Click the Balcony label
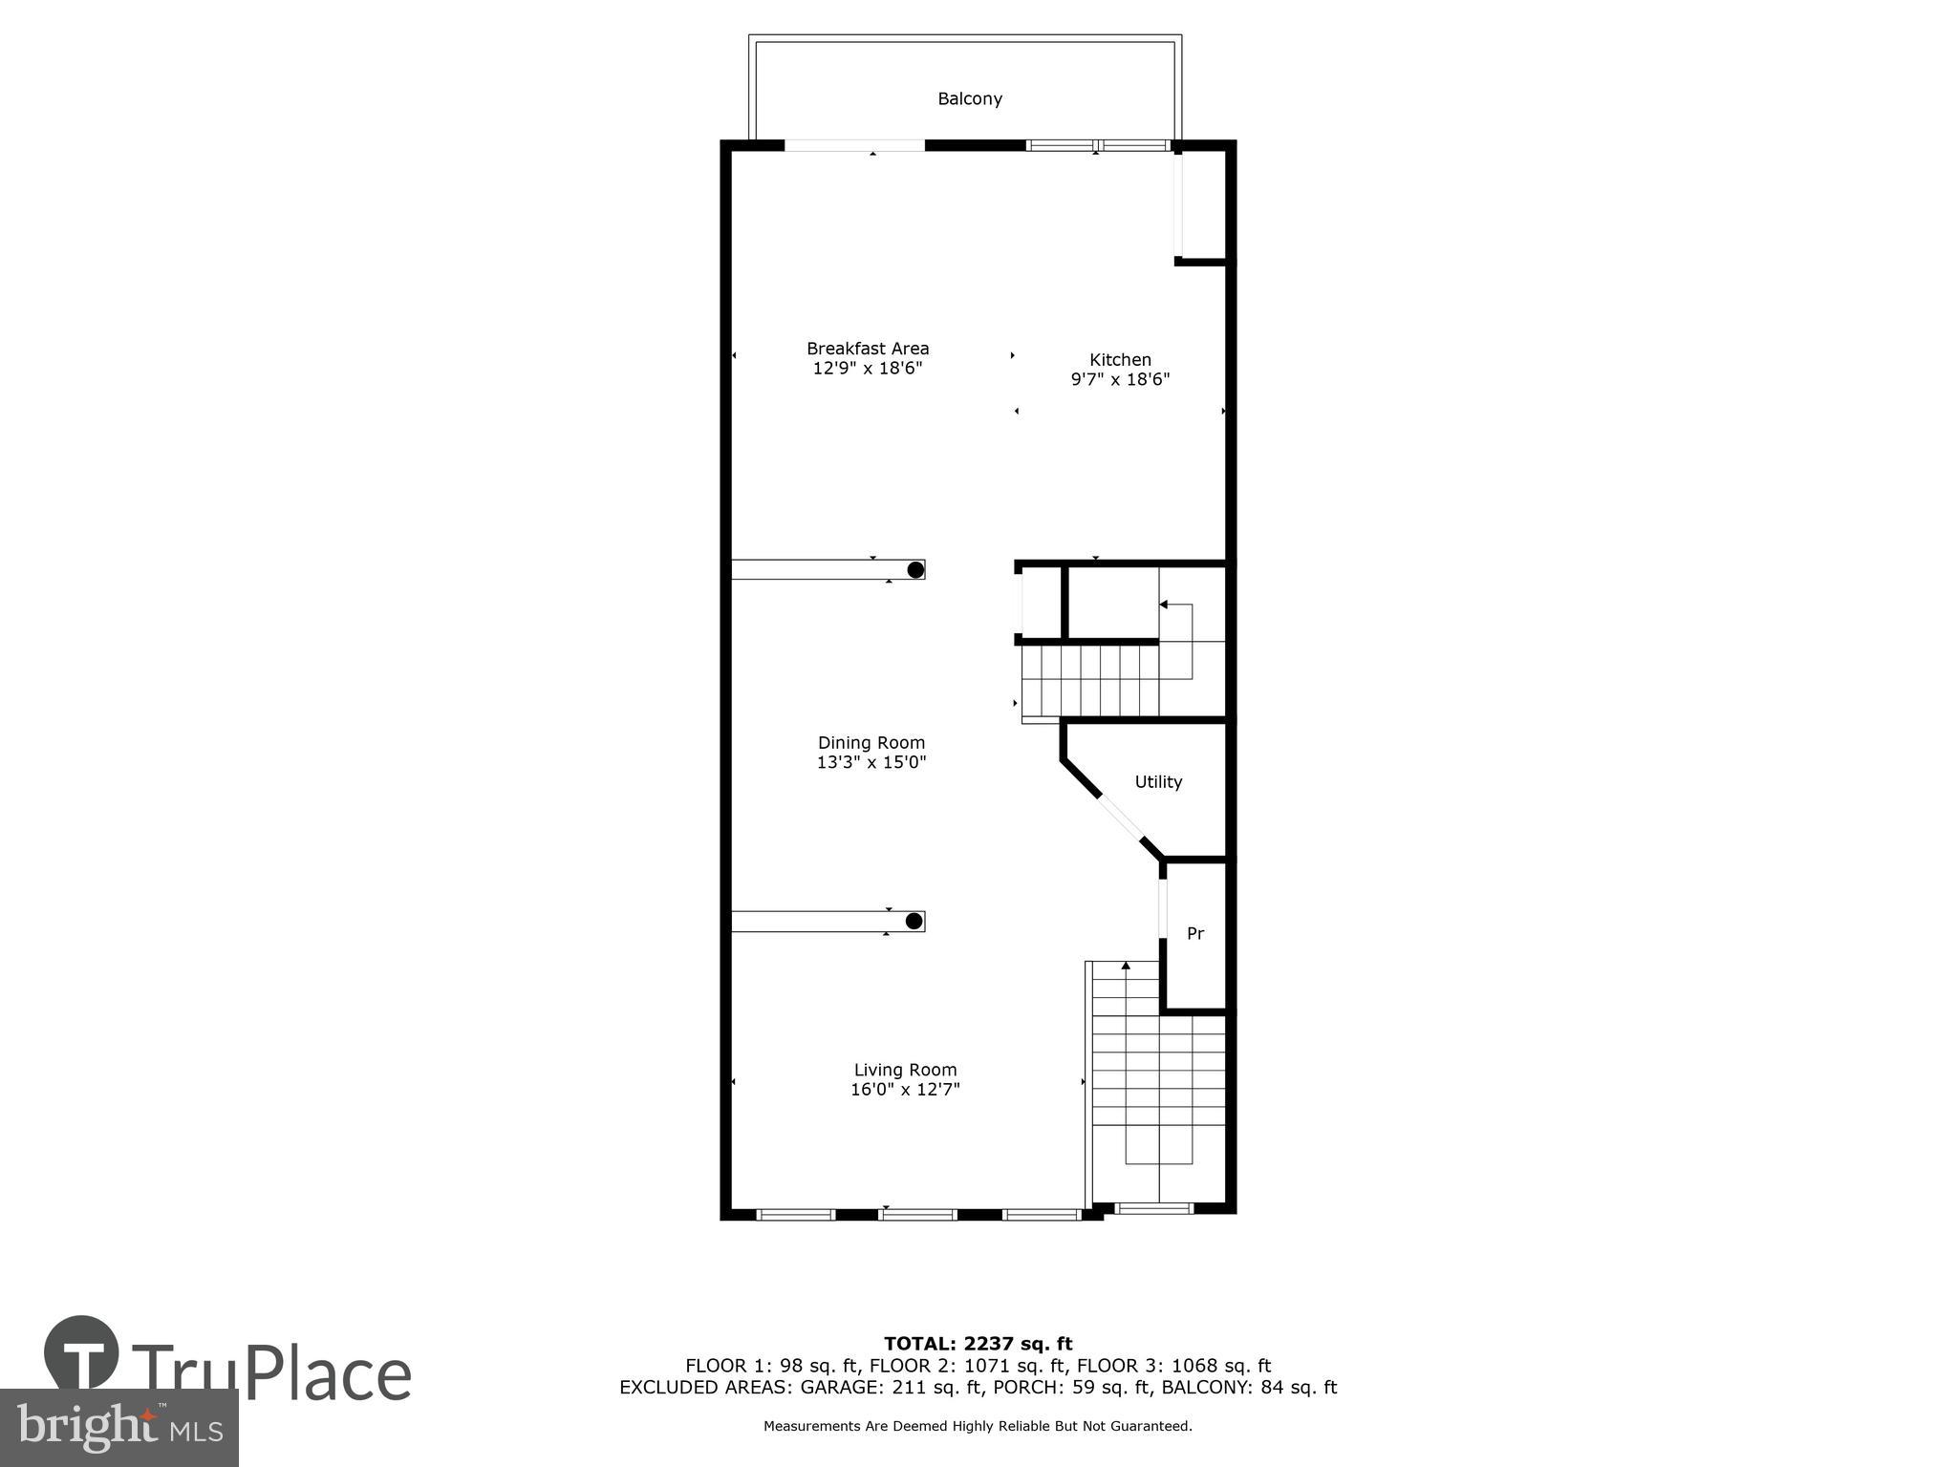point(969,98)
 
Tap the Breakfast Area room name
point(867,349)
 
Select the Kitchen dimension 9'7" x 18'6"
point(1120,379)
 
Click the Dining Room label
point(871,742)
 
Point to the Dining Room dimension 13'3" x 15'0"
point(871,762)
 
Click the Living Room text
point(905,1070)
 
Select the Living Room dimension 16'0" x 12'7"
point(905,1090)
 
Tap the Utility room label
point(1158,781)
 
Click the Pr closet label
point(1194,933)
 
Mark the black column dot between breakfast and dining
point(915,570)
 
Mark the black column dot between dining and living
point(914,922)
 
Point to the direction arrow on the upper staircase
point(1164,605)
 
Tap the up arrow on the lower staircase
point(1126,967)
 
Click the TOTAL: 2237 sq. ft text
point(978,1344)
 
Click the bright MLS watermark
point(118,1427)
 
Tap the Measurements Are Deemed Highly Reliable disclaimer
point(978,1426)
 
